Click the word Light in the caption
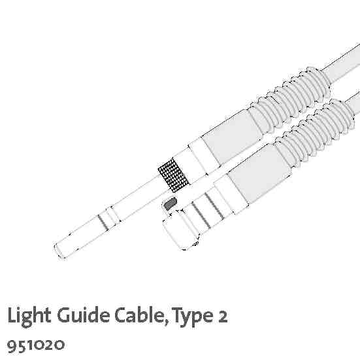coord(29,316)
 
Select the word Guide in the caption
coord(83,315)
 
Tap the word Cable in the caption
coord(140,315)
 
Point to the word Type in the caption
coord(193,317)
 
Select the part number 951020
coord(36,345)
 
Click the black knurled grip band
coord(173,175)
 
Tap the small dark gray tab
coord(170,203)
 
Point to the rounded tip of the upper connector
coord(59,250)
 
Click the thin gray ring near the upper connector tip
coord(103,222)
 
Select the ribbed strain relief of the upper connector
coord(290,99)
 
